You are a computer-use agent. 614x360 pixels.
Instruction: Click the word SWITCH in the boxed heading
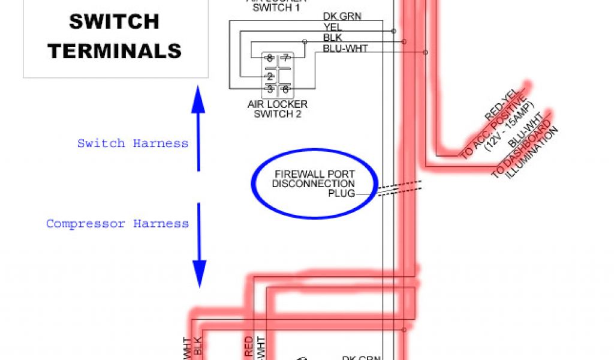[114, 22]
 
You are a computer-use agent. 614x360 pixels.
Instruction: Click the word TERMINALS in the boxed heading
[115, 50]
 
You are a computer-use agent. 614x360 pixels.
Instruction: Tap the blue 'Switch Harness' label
[133, 143]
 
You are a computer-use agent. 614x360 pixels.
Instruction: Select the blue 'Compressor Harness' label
[118, 224]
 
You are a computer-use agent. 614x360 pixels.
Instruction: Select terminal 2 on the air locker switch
[270, 76]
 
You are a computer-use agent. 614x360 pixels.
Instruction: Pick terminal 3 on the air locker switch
[270, 89]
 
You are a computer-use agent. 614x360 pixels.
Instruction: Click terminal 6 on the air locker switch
[285, 89]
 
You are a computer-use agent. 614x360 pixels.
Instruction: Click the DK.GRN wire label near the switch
[342, 16]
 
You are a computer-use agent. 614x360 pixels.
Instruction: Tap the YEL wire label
[332, 26]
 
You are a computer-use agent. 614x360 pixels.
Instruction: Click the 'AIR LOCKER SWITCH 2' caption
[277, 109]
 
